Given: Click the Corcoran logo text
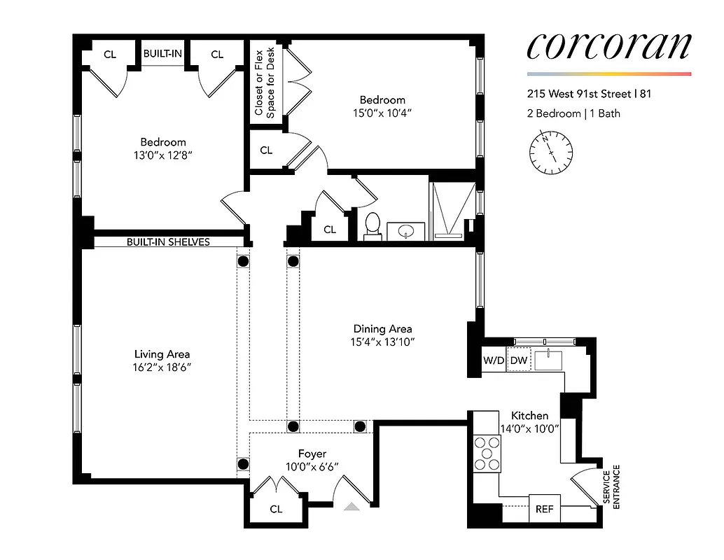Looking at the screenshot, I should point(608,46).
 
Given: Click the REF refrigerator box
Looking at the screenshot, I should point(544,509).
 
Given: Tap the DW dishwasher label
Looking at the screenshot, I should point(518,360).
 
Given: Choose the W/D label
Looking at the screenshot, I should point(494,360).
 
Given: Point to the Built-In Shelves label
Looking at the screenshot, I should point(168,242).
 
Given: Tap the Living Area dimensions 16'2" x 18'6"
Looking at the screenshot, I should point(162,367).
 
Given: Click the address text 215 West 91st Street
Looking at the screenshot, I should point(590,94).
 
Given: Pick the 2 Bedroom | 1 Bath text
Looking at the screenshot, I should point(573,113).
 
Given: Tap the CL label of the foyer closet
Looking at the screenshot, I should point(276,509).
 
